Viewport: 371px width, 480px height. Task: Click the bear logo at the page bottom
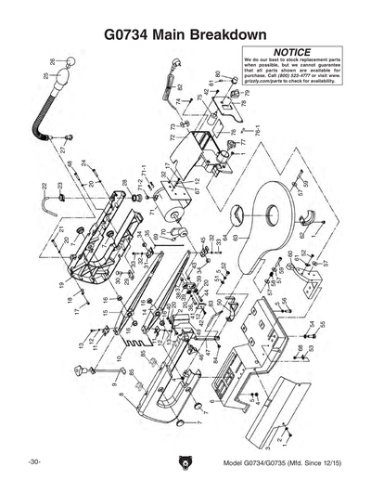185,462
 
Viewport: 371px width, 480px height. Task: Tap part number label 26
52,61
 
